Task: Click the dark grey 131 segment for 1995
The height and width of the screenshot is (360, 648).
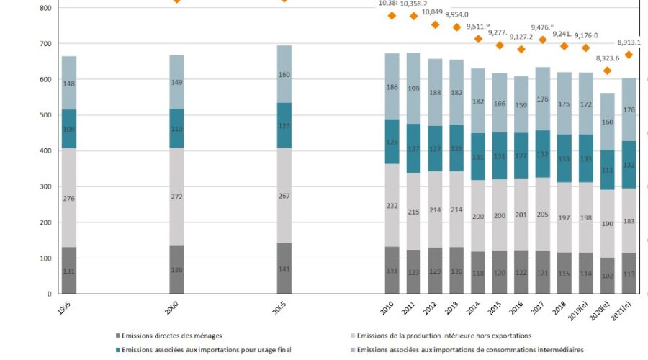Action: pyautogui.click(x=68, y=270)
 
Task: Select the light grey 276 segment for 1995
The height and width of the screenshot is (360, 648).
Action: pyautogui.click(x=68, y=198)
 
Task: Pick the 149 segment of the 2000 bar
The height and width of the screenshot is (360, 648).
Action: pyautogui.click(x=176, y=82)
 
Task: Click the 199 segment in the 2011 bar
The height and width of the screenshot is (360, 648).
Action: pyautogui.click(x=414, y=89)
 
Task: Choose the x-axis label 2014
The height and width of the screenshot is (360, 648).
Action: pyautogui.click(x=475, y=308)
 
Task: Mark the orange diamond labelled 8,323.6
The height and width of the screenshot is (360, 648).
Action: pyautogui.click(x=608, y=71)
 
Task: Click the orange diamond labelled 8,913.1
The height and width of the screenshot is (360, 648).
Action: pyautogui.click(x=629, y=55)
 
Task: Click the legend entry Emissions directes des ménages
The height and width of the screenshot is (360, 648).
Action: pyautogui.click(x=171, y=336)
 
